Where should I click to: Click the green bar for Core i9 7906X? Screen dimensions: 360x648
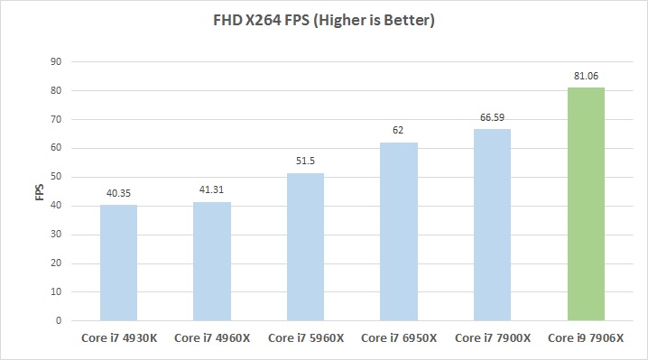click(x=586, y=204)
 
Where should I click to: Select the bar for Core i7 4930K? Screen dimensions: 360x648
click(x=118, y=263)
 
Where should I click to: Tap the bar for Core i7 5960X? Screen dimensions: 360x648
click(x=305, y=246)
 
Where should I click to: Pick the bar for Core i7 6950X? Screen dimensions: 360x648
click(x=399, y=231)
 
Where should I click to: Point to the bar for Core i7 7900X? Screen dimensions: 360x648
click(x=492, y=225)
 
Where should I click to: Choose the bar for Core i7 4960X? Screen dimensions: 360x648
click(x=212, y=261)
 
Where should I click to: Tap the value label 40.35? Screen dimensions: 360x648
click(x=118, y=194)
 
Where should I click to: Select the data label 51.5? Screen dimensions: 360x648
click(x=305, y=162)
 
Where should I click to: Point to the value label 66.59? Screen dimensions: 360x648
click(x=492, y=118)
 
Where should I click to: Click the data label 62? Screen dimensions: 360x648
click(x=399, y=132)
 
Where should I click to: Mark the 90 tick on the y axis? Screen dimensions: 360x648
click(x=56, y=61)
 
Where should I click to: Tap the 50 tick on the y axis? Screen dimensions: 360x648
click(x=56, y=177)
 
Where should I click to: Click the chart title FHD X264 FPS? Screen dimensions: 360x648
click(x=324, y=20)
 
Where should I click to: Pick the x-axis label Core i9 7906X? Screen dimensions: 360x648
click(x=586, y=338)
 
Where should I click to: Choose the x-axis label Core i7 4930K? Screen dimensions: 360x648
click(x=118, y=338)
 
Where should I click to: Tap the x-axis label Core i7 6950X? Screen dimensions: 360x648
click(x=399, y=338)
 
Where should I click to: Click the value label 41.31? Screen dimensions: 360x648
click(x=212, y=191)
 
